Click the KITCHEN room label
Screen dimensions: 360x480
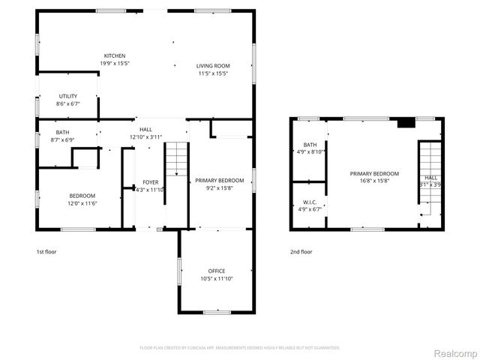point(114,56)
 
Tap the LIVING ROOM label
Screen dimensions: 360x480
point(213,65)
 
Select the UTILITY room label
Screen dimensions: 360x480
point(68,96)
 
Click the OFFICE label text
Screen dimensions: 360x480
point(217,271)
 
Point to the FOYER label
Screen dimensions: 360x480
point(151,182)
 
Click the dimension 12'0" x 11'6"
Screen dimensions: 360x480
point(82,203)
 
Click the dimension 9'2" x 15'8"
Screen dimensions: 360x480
point(219,188)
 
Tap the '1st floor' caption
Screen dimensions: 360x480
point(46,252)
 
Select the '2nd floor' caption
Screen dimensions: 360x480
point(301,252)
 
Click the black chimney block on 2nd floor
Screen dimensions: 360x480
point(405,123)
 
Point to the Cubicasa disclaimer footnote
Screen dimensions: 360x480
point(240,347)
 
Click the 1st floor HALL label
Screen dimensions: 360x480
point(145,130)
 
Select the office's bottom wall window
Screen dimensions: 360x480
point(217,311)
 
